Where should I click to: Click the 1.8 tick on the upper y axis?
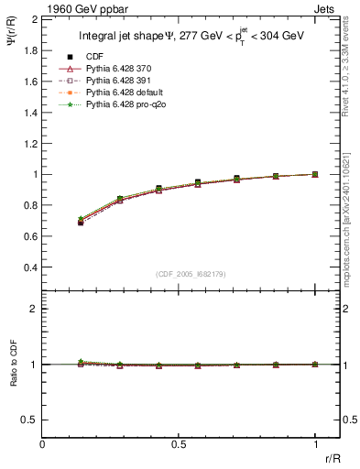[31, 49]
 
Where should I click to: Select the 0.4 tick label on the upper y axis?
[31, 267]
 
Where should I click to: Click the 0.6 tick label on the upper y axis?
[31, 236]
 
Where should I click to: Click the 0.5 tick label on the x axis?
[179, 445]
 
